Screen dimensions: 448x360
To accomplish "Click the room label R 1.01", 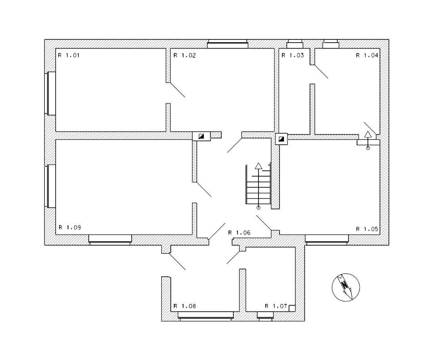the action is tap(69, 55).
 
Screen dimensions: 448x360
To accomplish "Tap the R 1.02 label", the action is tap(185, 55).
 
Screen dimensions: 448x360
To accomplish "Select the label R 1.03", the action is tap(293, 55).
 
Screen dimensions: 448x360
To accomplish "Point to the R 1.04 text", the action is tap(367, 55).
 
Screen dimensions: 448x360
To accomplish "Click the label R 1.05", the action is tap(367, 229).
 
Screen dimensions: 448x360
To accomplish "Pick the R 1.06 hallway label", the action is tap(239, 233).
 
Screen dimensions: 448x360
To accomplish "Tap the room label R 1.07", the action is tap(276, 306).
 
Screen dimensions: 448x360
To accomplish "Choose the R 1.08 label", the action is tap(185, 306).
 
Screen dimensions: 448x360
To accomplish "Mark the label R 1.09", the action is tap(70, 227).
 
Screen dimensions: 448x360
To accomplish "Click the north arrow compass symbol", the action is tap(346, 287).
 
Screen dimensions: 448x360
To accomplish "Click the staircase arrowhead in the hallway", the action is tap(258, 165).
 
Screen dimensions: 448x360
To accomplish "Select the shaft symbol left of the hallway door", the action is tap(202, 136).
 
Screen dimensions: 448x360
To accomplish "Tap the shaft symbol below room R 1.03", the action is tap(281, 139).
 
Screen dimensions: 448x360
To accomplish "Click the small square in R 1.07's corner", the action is tap(292, 308).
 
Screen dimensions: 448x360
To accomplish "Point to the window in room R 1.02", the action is tap(228, 44).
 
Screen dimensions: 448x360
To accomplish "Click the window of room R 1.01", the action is tap(50, 94).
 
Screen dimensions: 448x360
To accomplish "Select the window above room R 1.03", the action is tap(295, 44).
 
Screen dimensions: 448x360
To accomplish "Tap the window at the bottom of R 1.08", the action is tap(206, 316).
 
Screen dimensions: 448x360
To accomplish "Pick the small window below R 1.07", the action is tap(265, 316).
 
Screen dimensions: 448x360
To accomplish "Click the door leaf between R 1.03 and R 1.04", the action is tap(319, 71).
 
